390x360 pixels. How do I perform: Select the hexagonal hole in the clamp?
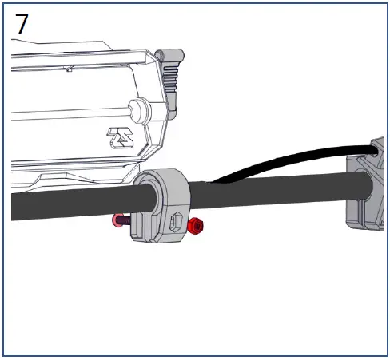click(x=177, y=220)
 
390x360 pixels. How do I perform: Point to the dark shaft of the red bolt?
click(x=131, y=220)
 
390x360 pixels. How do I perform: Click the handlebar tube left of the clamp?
click(x=64, y=204)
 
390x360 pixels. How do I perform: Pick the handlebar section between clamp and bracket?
click(x=272, y=194)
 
